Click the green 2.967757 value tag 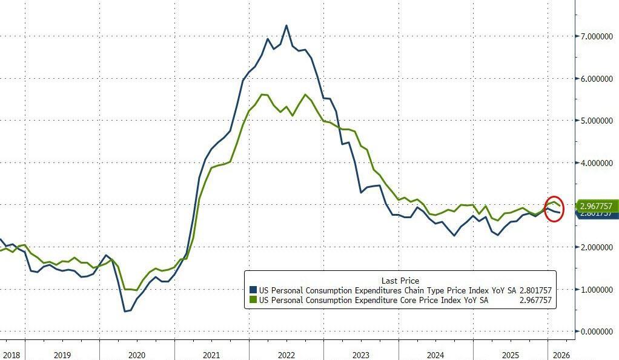pos(596,206)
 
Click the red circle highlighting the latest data pos(555,208)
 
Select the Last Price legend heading pos(400,281)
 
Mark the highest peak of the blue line pos(286,25)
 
